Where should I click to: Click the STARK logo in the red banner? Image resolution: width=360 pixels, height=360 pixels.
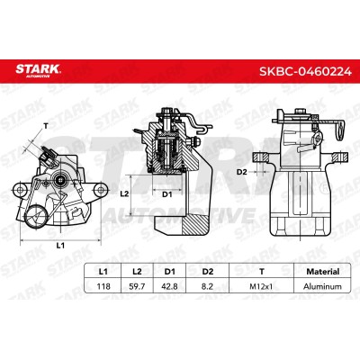pyautogui.click(x=38, y=71)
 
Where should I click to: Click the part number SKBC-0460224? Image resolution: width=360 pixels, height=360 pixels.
pyautogui.click(x=305, y=72)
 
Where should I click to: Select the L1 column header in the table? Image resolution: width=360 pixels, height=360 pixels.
pyautogui.click(x=103, y=272)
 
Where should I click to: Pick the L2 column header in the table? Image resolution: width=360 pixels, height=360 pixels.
pyautogui.click(x=137, y=272)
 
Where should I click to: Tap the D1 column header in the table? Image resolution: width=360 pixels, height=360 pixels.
pyautogui.click(x=169, y=272)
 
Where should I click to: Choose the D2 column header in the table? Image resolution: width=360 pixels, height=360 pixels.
pyautogui.click(x=207, y=272)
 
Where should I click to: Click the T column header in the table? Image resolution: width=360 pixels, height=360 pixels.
pyautogui.click(x=262, y=272)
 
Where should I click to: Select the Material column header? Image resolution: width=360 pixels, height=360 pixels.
pyautogui.click(x=322, y=272)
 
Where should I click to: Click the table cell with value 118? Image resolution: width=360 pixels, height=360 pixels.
pyautogui.click(x=103, y=286)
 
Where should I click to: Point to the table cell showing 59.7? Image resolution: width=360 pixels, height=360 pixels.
pyautogui.click(x=137, y=286)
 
